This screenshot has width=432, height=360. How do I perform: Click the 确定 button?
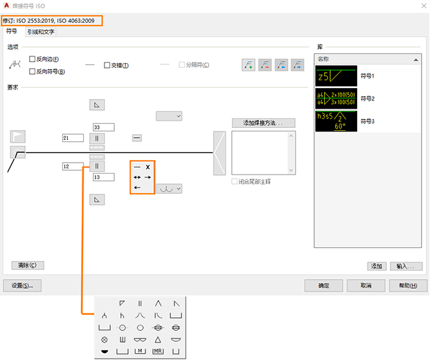tap(324, 285)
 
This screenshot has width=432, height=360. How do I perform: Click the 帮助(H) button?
tap(404, 285)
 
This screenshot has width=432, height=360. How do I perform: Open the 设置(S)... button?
tap(23, 285)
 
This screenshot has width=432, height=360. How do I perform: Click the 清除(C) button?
tap(28, 265)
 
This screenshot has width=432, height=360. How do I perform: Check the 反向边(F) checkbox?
tap(33, 60)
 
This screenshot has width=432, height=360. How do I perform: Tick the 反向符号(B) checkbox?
tap(33, 71)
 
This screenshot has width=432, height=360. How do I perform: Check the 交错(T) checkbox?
tap(107, 65)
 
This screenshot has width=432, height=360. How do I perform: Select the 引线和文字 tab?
tap(41, 32)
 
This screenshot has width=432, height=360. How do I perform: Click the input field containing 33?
tap(103, 127)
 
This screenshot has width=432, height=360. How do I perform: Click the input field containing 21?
tap(72, 138)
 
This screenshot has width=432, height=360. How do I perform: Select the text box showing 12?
tap(72, 167)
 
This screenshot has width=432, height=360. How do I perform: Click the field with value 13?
tap(103, 177)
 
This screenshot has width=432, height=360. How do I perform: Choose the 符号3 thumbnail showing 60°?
tap(336, 121)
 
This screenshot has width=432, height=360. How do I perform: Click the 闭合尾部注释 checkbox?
tap(235, 181)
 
